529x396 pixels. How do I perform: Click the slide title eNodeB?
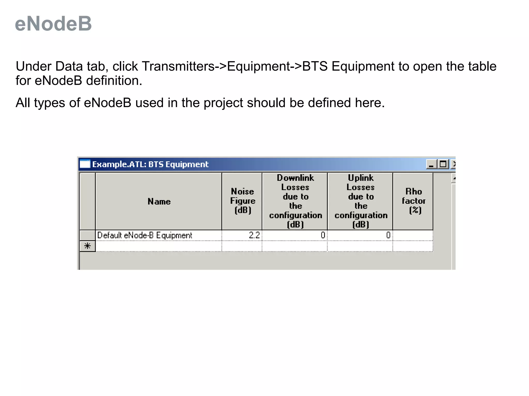(x=53, y=24)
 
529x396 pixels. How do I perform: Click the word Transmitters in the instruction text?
(x=178, y=67)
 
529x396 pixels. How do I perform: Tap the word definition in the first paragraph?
(x=114, y=81)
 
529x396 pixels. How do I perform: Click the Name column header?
(x=159, y=201)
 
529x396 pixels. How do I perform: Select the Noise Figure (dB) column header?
(x=242, y=201)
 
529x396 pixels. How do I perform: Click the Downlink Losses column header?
(x=295, y=201)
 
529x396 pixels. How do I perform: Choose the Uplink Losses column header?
(x=360, y=201)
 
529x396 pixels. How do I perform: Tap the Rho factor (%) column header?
(x=413, y=201)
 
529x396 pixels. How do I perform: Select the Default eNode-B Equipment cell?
(x=145, y=235)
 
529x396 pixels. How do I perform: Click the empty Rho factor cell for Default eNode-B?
(x=413, y=235)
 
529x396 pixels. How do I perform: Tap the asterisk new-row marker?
(x=88, y=246)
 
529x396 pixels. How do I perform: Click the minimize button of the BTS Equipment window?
(x=431, y=164)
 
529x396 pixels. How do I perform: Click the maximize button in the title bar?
(x=443, y=164)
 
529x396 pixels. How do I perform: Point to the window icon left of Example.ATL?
(x=85, y=164)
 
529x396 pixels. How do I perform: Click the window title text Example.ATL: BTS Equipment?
(x=150, y=164)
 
